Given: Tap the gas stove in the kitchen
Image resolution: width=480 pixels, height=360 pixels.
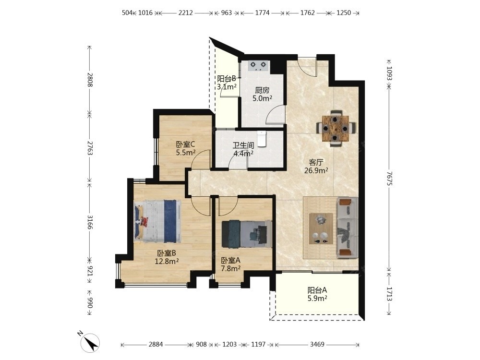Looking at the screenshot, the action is point(259,66).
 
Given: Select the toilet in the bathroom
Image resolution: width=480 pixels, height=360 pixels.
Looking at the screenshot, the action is point(262,138).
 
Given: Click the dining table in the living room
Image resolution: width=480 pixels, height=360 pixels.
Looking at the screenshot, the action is point(336,128).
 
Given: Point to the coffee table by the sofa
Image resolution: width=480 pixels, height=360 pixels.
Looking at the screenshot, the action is point(321,228).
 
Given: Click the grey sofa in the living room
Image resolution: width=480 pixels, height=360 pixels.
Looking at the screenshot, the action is point(348,227).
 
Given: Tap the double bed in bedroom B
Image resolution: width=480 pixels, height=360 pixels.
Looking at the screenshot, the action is point(157,221).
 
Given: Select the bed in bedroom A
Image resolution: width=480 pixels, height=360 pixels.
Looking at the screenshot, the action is point(247,234).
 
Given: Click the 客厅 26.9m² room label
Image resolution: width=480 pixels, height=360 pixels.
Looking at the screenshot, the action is point(316,166).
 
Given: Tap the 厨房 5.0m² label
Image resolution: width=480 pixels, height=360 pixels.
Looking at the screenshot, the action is point(263,94).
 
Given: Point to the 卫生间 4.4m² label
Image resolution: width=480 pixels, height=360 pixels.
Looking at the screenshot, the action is point(243,149).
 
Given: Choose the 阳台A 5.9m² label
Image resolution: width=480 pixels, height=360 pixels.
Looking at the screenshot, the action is point(317,294).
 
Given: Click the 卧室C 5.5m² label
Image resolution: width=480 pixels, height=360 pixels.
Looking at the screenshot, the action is point(185,148).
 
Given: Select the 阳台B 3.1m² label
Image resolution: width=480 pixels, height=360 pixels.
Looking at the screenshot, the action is point(227,83).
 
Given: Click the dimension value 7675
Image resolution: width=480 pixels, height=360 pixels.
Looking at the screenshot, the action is point(389,178).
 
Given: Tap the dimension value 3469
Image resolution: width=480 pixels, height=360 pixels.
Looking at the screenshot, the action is point(317,344).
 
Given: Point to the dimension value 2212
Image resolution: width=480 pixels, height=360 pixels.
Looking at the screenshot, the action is point(185,13).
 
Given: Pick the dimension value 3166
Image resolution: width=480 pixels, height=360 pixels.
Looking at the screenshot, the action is point(90,222).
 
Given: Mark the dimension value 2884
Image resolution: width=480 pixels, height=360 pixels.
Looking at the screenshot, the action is point(156,344).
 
